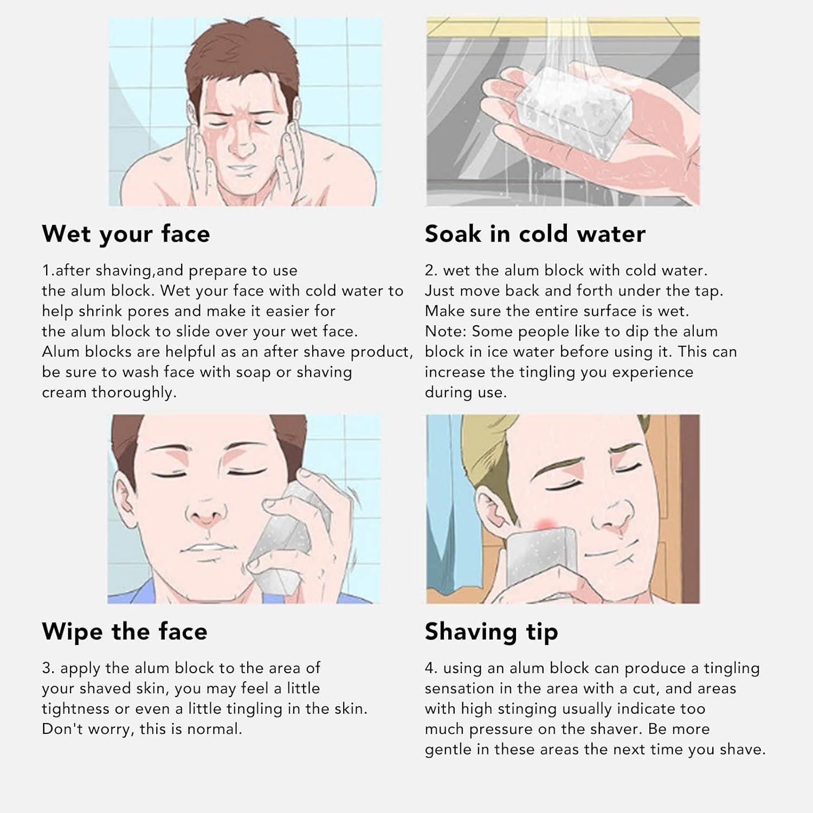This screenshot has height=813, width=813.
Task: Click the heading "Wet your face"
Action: tap(126, 234)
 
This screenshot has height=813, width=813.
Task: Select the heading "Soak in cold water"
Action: tap(535, 234)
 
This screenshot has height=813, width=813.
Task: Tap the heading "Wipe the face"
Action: tap(125, 632)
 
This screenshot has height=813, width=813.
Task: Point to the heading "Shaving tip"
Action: tap(491, 632)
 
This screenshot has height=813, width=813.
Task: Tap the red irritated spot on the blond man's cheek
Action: tap(545, 524)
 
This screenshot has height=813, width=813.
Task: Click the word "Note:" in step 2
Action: tap(446, 332)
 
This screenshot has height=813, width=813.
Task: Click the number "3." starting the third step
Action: tap(48, 668)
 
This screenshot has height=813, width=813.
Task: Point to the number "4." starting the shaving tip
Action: tap(431, 668)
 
